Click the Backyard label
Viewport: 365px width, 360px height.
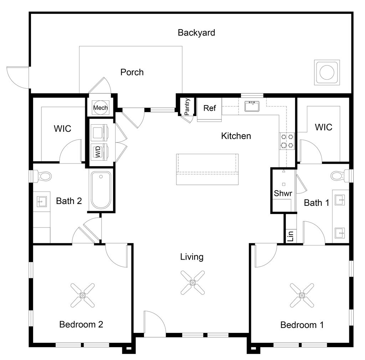tap(196, 33)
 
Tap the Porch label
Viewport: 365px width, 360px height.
tap(132, 72)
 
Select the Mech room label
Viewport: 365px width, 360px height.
tap(100, 108)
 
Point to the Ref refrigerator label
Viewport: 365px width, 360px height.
tap(210, 108)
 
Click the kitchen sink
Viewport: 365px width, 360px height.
tap(253, 106)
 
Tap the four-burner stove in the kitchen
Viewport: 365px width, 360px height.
tap(287, 141)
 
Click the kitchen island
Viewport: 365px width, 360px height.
tap(207, 169)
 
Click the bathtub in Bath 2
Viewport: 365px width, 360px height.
tap(101, 190)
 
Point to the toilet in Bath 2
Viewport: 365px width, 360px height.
tap(43, 176)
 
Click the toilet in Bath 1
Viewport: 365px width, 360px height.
tap(338, 176)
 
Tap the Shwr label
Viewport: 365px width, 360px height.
tap(283, 194)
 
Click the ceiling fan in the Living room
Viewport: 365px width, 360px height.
tap(192, 282)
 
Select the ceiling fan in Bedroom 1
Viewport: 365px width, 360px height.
tap(302, 295)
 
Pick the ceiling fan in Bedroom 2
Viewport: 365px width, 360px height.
tap(83, 295)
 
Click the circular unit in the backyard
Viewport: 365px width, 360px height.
tap(327, 73)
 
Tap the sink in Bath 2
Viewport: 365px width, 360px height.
tap(41, 202)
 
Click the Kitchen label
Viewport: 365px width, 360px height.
tap(236, 136)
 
